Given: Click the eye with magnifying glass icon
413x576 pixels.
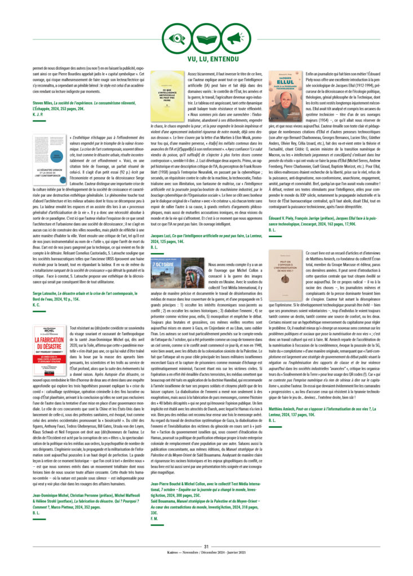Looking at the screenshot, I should click(x=178, y=38).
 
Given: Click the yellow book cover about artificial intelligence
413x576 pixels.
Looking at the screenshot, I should click(x=169, y=99).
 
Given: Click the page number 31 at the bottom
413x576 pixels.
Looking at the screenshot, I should click(x=206, y=546).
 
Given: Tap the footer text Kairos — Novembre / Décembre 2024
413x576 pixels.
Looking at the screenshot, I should click(x=206, y=554).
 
